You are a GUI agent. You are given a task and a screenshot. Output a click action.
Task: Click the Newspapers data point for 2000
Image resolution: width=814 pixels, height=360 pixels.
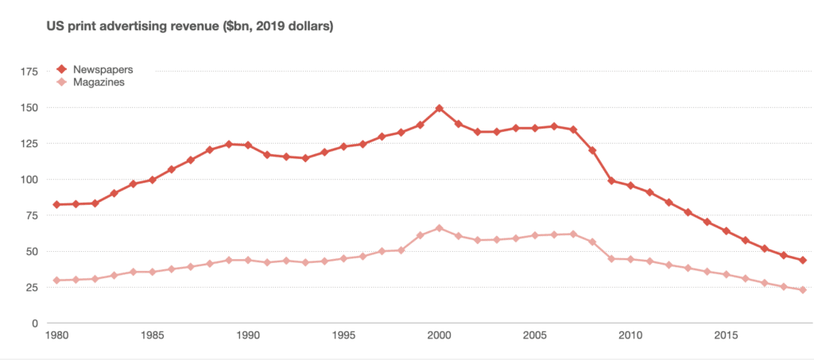click(x=440, y=108)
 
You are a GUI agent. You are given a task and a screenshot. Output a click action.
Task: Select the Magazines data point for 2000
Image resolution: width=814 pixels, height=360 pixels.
click(x=440, y=228)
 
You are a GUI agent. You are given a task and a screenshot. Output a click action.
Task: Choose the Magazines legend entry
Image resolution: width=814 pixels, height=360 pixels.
click(x=99, y=82)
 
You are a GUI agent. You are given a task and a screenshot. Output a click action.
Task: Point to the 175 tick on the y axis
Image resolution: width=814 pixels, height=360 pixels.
click(x=30, y=72)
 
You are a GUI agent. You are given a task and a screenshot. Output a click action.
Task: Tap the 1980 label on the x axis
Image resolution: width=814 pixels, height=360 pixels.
click(x=56, y=335)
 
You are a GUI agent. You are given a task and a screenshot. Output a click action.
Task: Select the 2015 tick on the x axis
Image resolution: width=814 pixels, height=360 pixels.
click(x=727, y=335)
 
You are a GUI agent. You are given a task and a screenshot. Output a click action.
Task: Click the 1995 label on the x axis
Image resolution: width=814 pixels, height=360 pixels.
click(x=343, y=335)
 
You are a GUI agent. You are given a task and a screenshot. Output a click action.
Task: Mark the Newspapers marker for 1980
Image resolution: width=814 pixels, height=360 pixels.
click(x=56, y=204)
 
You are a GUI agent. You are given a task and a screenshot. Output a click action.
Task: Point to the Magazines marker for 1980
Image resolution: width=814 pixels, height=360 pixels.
click(x=56, y=281)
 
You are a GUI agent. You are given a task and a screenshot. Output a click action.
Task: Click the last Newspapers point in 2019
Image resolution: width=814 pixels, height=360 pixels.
click(x=804, y=260)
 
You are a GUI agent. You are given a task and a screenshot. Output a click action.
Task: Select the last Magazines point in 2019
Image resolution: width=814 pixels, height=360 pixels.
click(x=804, y=290)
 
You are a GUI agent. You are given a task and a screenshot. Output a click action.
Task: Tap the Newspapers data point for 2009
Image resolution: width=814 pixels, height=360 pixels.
click(x=612, y=180)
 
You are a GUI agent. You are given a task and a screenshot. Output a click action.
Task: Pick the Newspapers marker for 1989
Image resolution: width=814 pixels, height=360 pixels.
click(x=229, y=144)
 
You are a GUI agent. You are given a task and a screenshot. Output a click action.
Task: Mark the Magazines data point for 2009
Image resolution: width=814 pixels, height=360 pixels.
click(x=612, y=258)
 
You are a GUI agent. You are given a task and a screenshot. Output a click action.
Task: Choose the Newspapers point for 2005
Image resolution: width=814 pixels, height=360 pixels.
click(x=535, y=128)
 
